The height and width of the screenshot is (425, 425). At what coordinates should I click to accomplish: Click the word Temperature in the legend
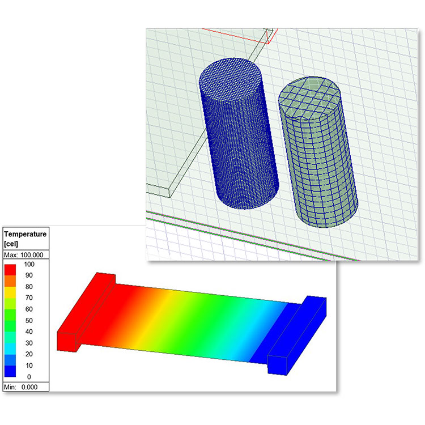pos(25,234)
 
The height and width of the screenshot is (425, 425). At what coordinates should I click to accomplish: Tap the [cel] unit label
pos(11,244)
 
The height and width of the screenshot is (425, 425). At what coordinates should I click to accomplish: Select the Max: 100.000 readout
pos(24,255)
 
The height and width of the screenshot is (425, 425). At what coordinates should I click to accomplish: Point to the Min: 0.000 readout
pos(20,387)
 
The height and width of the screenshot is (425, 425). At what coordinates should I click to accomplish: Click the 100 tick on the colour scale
pos(29,264)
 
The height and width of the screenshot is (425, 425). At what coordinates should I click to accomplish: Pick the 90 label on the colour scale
pos(29,275)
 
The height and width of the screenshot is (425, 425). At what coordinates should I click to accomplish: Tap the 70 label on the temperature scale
pos(29,298)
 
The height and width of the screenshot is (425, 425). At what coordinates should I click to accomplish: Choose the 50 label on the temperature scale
pos(29,320)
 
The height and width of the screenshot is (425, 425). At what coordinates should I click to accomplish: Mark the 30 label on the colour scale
pos(29,343)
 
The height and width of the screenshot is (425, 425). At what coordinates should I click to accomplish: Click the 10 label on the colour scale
pos(29,365)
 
